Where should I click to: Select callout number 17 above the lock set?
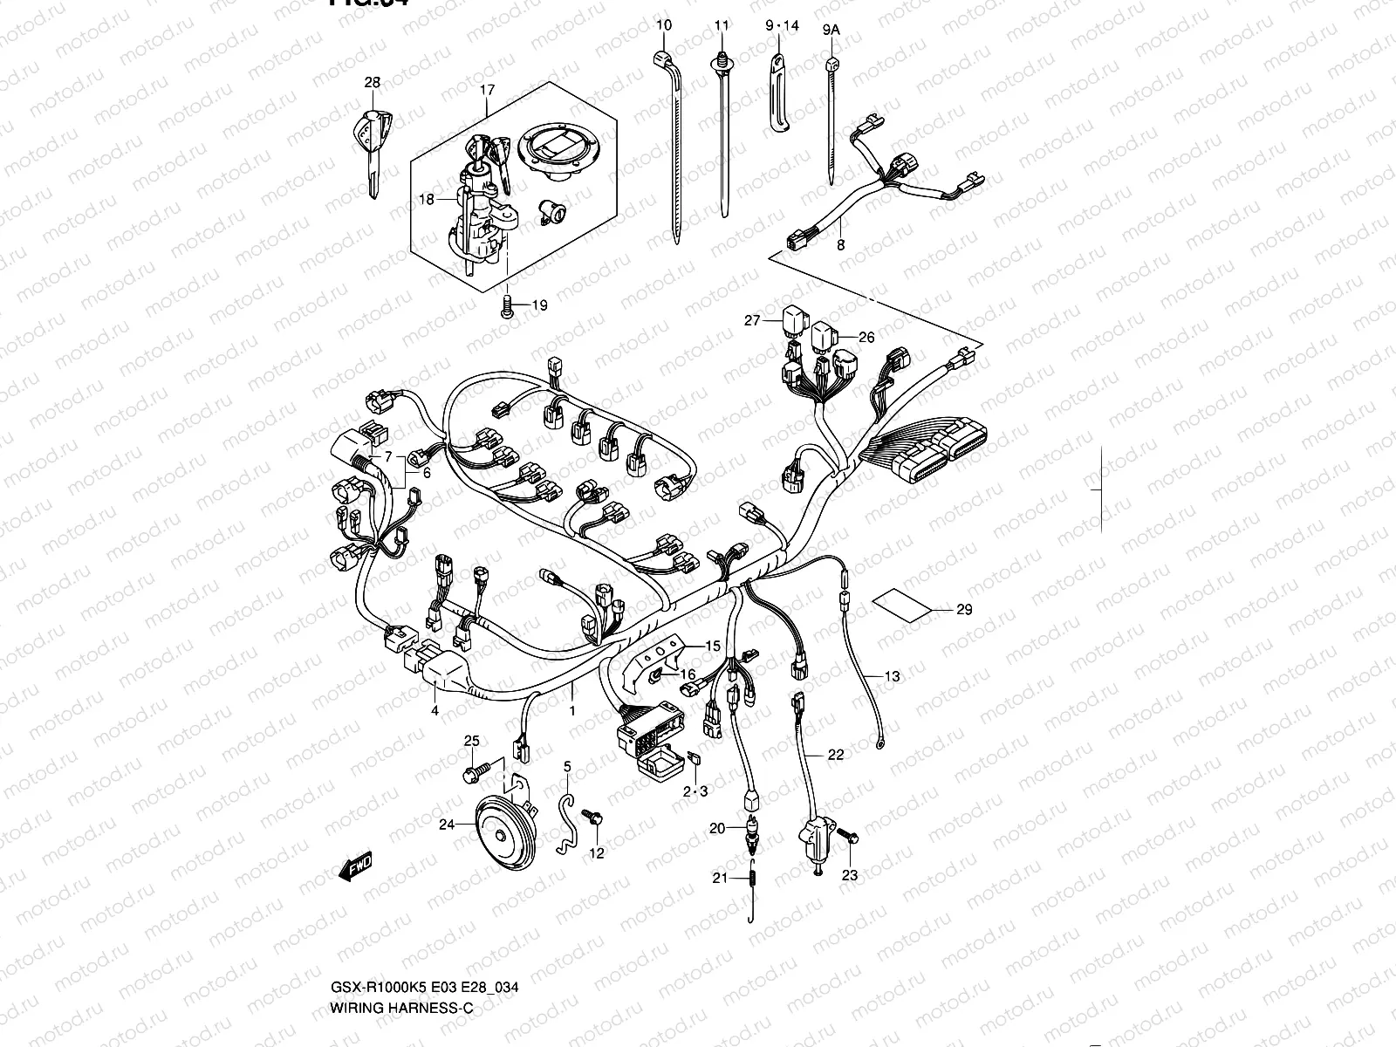(487, 90)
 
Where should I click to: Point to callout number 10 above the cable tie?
(664, 25)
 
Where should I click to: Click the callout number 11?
(721, 25)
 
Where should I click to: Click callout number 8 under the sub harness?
(840, 245)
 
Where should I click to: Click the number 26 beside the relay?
(866, 337)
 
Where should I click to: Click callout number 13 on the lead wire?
(892, 676)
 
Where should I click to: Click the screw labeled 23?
(849, 837)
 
